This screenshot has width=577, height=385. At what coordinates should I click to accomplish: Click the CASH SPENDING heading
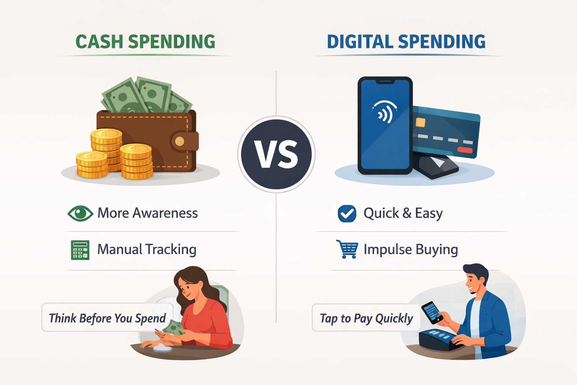[x=145, y=42]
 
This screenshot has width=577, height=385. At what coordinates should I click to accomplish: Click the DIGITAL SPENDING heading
[x=406, y=42]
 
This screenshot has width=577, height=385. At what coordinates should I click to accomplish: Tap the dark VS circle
[x=276, y=155]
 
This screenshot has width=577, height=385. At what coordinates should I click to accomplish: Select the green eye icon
[x=80, y=213]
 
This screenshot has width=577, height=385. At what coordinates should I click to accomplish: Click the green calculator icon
[x=80, y=250]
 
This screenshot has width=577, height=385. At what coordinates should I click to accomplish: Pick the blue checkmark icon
[x=347, y=214]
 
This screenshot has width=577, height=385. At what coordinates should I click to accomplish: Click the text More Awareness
[x=148, y=213]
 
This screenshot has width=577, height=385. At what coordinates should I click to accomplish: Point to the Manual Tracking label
[x=147, y=249]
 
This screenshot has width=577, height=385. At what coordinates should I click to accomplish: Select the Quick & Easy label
[x=403, y=213]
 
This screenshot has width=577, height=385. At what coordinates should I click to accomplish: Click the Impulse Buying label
[x=411, y=249]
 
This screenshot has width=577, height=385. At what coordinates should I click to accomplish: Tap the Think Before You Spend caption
[x=107, y=318]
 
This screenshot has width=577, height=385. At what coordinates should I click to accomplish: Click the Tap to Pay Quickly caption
[x=366, y=318]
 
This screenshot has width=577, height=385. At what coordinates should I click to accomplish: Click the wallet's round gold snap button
[x=180, y=141]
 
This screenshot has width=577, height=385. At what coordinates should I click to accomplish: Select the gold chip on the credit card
[x=420, y=123]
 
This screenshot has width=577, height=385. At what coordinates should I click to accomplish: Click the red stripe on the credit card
[x=465, y=150]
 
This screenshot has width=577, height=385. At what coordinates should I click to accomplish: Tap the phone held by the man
[x=432, y=312]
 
